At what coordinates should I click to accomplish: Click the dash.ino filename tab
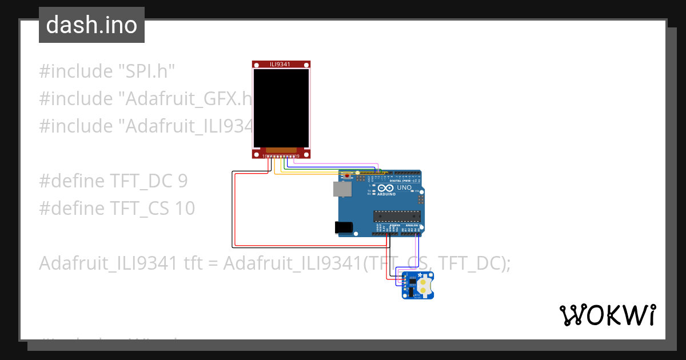pos(91,25)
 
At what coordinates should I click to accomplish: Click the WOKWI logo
pos(607,315)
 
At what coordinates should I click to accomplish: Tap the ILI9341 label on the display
pos(280,65)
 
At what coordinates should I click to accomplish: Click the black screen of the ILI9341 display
pos(281,107)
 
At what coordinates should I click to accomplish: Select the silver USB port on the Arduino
pos(342,189)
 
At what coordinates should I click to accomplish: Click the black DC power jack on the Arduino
pos(344,227)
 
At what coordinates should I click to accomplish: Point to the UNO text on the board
pos(404,187)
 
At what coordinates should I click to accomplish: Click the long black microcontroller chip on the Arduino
pos(397,215)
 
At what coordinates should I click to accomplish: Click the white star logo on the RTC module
pos(420,276)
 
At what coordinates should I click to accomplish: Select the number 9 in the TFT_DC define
pos(182,181)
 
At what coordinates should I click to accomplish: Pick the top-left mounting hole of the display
pos(256,65)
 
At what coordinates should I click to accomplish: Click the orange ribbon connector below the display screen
pos(281,150)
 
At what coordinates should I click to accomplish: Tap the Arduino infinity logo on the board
pos(385,188)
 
